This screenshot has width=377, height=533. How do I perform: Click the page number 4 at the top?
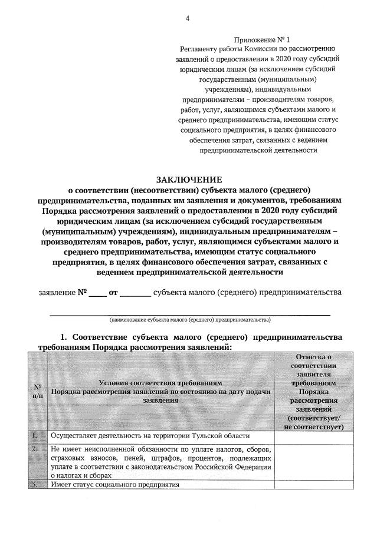(188, 18)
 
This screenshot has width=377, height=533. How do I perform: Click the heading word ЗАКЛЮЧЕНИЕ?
(188, 179)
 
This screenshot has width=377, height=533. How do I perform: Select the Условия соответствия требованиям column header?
(160, 382)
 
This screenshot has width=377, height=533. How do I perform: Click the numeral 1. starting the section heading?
(65, 337)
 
